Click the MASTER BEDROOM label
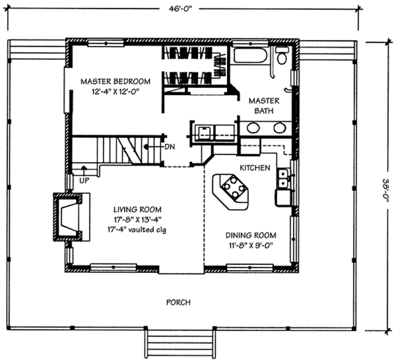coord(115,81)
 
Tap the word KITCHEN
coord(254,168)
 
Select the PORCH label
coord(179,303)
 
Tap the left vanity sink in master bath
coord(253,127)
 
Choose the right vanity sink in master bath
coord(280,127)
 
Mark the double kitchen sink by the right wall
coord(284,177)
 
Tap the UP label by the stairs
coord(84,180)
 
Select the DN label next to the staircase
coord(170,146)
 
